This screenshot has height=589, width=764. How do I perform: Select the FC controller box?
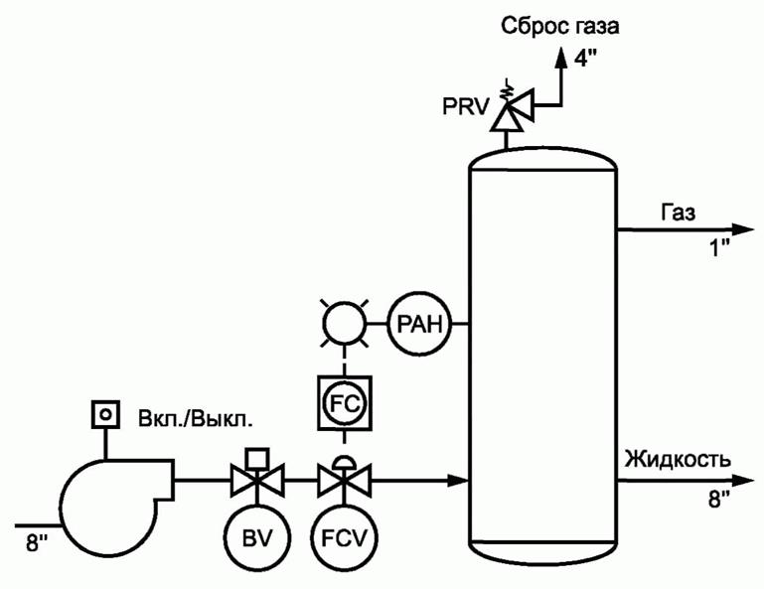(x=343, y=402)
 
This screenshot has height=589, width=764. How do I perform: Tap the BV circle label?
(x=255, y=540)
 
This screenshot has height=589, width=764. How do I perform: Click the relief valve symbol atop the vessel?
(x=509, y=107)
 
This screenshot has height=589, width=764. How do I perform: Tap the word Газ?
(x=678, y=212)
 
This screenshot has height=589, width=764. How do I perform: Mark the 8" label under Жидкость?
(x=718, y=498)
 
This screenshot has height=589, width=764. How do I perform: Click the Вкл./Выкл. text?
(x=195, y=418)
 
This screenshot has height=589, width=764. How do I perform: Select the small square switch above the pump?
(x=102, y=412)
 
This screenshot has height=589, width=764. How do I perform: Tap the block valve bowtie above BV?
(x=256, y=483)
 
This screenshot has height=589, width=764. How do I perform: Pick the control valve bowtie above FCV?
(x=343, y=483)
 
